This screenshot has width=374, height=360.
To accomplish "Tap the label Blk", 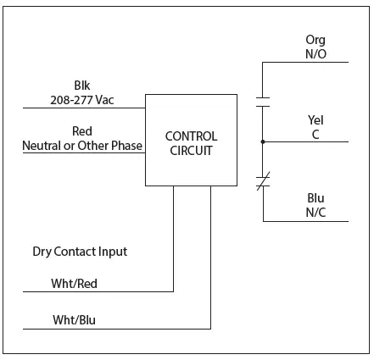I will (81, 86).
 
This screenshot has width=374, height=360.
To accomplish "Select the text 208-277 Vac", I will (81, 100).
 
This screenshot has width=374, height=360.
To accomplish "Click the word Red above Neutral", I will (81, 130).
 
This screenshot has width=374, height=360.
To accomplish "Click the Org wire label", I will (315, 40).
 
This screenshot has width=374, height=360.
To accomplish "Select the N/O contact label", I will (315, 53).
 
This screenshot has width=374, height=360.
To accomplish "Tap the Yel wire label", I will (315, 120).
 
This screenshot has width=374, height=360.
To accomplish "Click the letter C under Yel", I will (315, 134).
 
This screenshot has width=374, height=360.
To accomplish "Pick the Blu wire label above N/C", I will (315, 197).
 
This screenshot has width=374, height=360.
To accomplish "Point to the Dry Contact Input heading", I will (80, 252).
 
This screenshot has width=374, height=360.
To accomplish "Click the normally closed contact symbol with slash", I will (263, 179).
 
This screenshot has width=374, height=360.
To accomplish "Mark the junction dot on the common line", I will (263, 141).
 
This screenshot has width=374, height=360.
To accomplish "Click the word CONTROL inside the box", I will (190, 136).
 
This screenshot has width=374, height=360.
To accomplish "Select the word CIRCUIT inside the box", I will (190, 150).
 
